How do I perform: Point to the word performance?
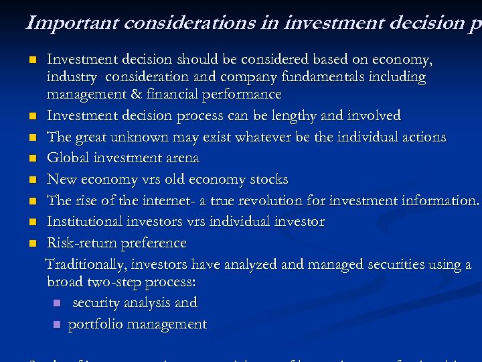click(244, 95)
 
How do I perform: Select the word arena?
click(179, 158)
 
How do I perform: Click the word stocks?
click(266, 179)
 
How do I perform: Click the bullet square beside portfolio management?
click(56, 325)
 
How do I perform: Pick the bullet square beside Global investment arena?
click(32, 159)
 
